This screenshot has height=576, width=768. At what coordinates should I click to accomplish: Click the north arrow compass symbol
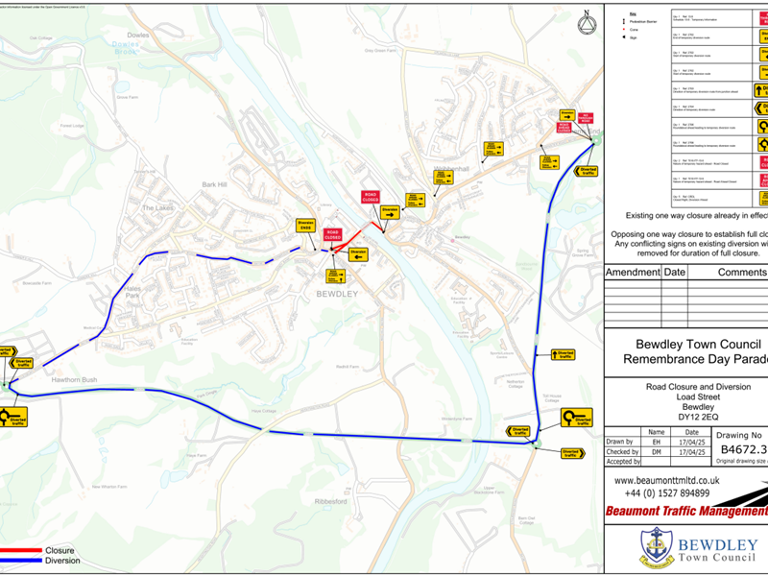(x=586, y=21)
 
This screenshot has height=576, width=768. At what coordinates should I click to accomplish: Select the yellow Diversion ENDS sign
(x=306, y=227)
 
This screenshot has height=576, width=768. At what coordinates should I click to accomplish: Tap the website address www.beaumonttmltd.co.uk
(x=666, y=481)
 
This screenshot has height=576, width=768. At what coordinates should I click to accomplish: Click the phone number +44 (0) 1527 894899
(x=660, y=493)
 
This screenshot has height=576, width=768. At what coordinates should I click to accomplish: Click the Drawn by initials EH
(x=656, y=442)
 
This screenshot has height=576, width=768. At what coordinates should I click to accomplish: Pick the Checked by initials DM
(x=656, y=452)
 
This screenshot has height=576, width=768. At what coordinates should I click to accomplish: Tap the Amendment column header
(x=633, y=273)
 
